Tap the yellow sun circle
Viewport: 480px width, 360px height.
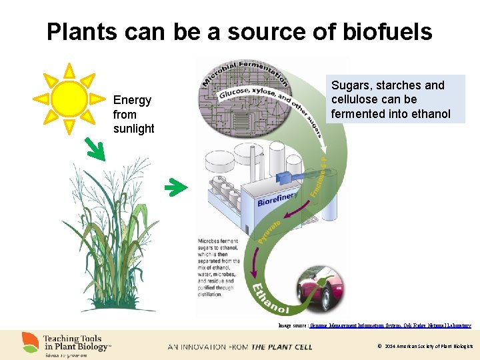(69, 99)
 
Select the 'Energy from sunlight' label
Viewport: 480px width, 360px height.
(133, 114)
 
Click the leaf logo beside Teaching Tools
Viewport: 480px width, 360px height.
(30, 342)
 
